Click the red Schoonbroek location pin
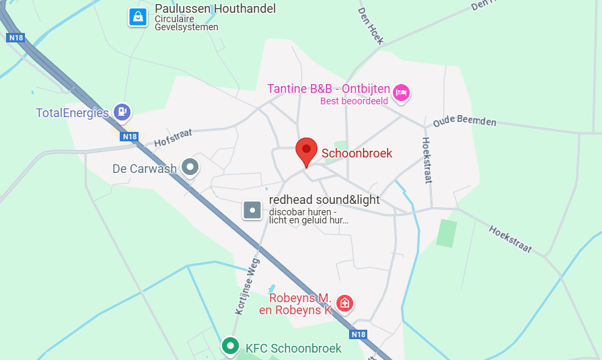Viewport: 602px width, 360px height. (x=306, y=150)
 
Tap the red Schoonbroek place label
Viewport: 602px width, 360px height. (x=356, y=153)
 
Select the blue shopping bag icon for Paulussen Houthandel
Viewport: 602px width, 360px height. (x=138, y=17)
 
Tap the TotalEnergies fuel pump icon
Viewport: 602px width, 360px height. (x=122, y=112)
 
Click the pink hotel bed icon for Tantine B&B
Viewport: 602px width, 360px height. (x=402, y=92)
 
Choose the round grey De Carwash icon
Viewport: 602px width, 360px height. (x=191, y=167)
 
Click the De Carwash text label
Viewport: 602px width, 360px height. (x=144, y=168)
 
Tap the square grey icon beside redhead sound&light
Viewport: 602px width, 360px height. (x=252, y=211)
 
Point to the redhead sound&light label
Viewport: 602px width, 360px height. (x=324, y=200)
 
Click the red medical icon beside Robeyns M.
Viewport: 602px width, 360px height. (x=345, y=303)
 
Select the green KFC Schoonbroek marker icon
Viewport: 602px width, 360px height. (x=231, y=347)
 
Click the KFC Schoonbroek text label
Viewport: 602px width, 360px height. (x=293, y=348)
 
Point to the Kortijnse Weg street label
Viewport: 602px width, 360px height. (x=247, y=288)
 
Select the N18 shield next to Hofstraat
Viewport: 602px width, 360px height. (x=130, y=137)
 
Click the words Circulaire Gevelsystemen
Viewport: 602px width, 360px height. (x=186, y=23)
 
